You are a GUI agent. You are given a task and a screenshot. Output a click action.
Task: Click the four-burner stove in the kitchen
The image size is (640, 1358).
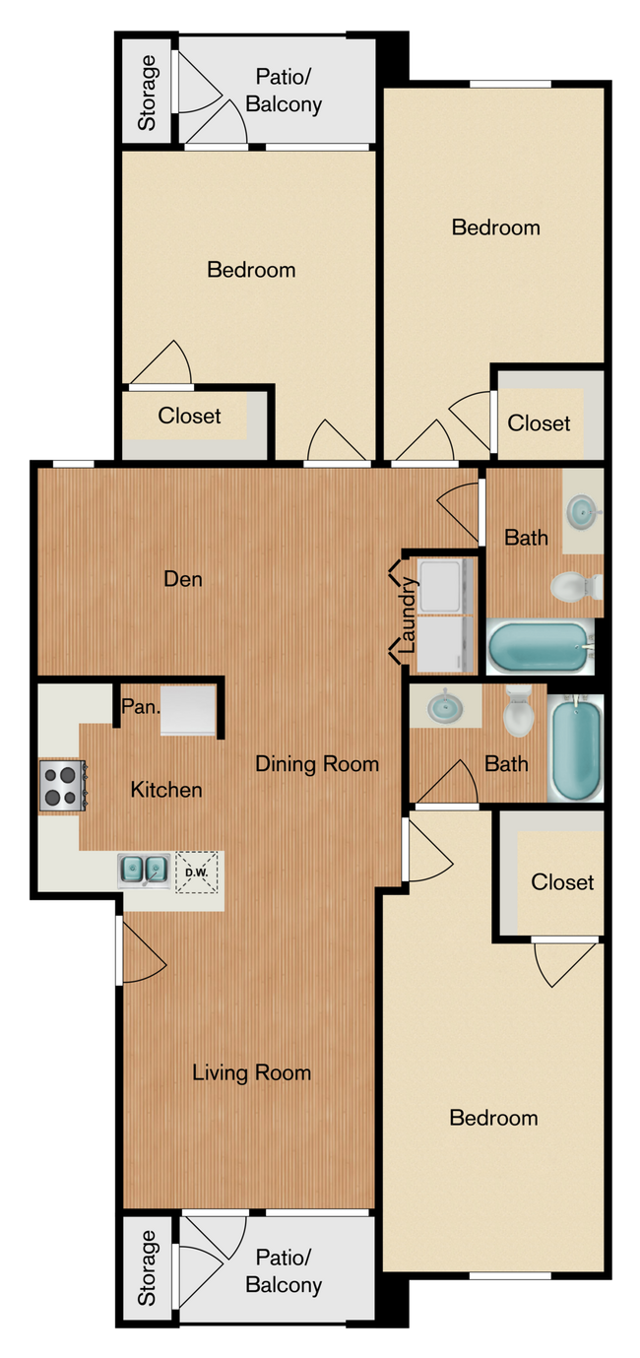pos(62,786)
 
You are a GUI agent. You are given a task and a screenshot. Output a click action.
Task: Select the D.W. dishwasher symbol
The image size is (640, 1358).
pos(197,873)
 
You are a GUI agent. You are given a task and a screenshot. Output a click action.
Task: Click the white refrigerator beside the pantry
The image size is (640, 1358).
pos(188,710)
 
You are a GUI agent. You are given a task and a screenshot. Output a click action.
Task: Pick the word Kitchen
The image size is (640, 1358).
pos(166,790)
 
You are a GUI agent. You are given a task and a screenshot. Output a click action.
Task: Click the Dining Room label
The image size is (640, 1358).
pos(317,764)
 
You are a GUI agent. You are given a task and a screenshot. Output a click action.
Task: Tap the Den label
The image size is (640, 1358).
pos(183,579)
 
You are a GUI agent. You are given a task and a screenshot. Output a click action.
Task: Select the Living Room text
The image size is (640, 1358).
pos(251,1072)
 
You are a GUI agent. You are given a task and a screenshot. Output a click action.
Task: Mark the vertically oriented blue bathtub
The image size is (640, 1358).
pos(574,748)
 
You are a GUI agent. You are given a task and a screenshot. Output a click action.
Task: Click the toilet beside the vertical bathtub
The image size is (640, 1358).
pos(518,714)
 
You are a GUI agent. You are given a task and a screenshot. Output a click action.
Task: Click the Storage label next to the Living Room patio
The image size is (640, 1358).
pos(147,1267)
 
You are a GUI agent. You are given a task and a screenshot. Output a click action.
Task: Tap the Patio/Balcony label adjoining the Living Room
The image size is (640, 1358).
pos(284,1270)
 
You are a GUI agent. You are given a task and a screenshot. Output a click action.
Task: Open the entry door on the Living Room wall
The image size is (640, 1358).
pos(138,951)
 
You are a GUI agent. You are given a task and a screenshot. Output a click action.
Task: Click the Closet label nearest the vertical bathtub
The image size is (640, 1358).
pos(562,882)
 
